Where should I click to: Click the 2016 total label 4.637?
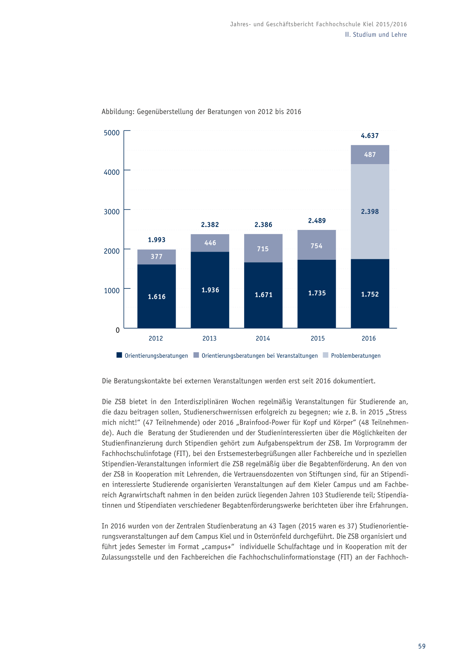[370, 136]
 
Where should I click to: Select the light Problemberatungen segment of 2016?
[370, 212]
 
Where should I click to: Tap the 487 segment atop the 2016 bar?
[370, 155]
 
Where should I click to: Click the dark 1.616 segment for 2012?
[157, 296]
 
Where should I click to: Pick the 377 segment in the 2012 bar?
[157, 257]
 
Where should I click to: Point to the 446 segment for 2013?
[210, 243]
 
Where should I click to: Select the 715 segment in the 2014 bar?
[263, 248]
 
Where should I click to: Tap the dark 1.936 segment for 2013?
[210, 290]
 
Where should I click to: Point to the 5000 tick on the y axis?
[112, 133]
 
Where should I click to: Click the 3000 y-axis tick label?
[112, 212]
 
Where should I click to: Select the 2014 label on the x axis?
[263, 338]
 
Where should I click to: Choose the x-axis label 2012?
[156, 338]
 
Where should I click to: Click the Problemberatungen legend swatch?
[326, 355]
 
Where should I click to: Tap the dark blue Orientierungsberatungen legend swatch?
[119, 355]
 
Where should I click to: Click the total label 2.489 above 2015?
[317, 221]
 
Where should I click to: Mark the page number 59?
[422, 646]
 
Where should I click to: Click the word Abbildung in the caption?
[118, 112]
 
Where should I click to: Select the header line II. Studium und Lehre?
[376, 34]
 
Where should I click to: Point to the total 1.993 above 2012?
[157, 240]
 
